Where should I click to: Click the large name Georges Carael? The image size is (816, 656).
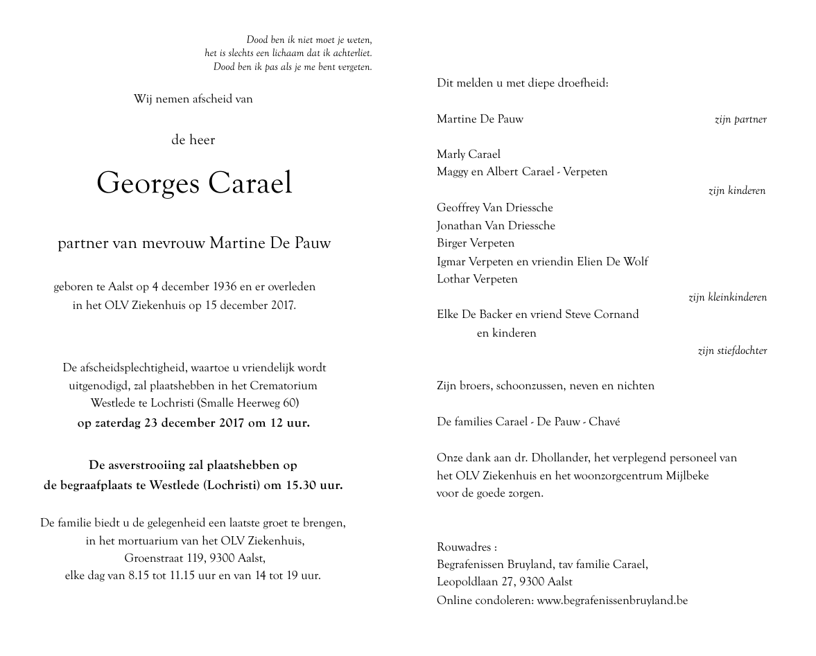194,183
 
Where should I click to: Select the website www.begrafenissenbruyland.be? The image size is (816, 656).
612,601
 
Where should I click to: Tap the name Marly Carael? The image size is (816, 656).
468,154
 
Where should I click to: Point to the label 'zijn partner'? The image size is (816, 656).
740,120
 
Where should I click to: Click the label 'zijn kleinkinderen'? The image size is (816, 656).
727,298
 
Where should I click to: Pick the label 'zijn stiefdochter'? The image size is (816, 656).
732,351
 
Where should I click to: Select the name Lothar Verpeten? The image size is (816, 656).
477,279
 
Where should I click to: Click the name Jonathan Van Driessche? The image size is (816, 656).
496,225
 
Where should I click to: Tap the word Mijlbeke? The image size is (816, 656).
686,476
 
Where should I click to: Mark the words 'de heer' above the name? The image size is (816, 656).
193,140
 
